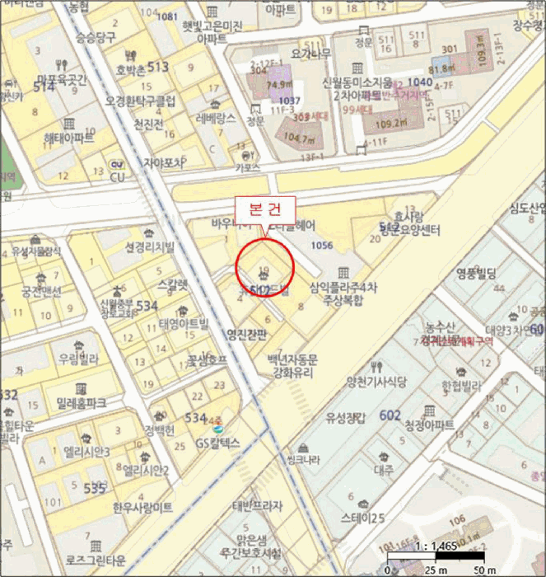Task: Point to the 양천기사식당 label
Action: [377, 381]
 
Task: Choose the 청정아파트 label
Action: [429, 425]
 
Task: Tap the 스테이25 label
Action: [363, 518]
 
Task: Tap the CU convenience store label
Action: [117, 176]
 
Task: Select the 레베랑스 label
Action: [217, 118]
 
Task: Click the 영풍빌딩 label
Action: [476, 276]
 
